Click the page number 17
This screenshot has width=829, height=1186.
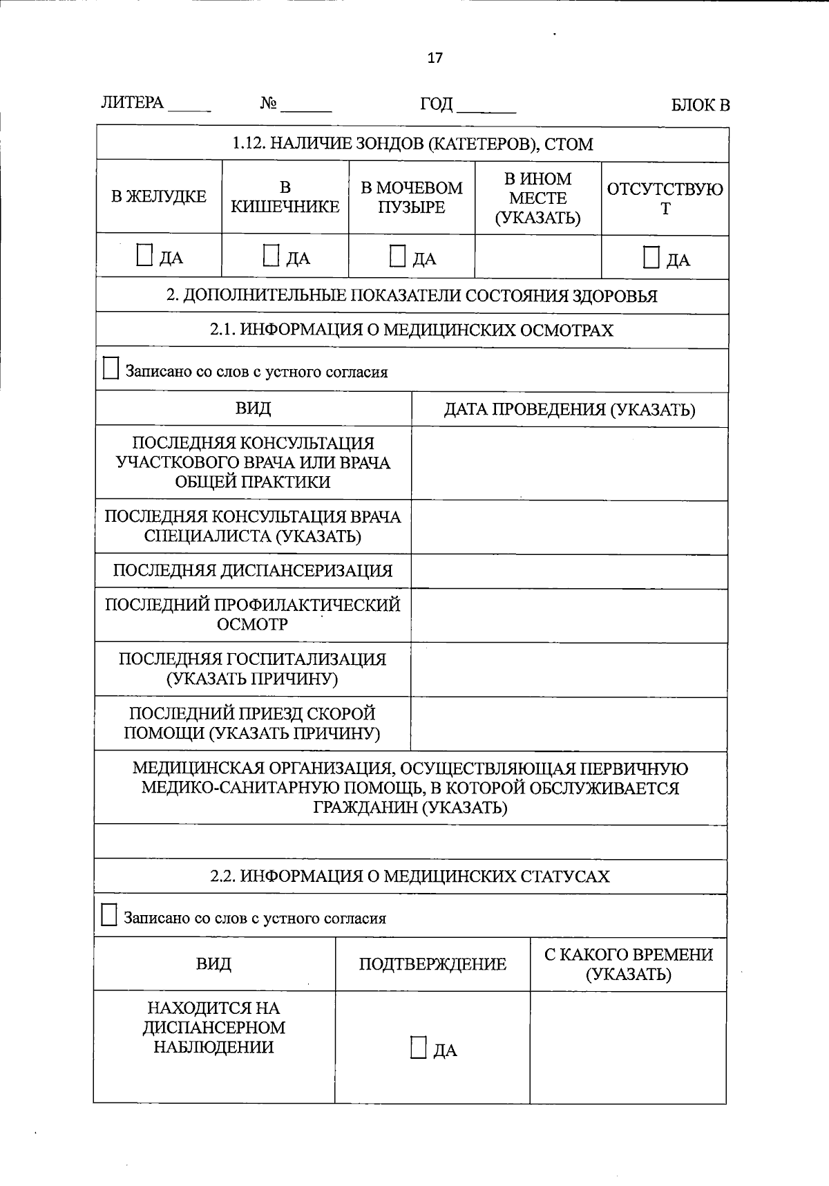tap(435, 58)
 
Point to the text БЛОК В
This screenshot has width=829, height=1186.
tap(700, 105)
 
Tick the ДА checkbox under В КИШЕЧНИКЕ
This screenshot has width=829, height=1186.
tap(271, 256)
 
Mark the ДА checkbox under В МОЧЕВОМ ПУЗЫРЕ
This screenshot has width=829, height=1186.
tap(397, 256)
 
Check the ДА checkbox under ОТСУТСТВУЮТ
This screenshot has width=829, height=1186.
tap(651, 257)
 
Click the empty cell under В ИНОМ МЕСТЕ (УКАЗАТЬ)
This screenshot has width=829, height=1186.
tap(537, 257)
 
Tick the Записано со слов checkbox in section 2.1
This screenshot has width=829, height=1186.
tap(111, 368)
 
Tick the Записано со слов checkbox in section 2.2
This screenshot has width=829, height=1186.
tap(109, 915)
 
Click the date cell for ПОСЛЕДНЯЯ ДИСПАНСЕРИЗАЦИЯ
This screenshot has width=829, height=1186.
tap(569, 572)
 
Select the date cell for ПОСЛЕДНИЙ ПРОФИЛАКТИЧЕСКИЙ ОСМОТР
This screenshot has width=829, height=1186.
tap(569, 616)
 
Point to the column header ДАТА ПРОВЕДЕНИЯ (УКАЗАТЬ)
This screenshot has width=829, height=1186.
tap(569, 410)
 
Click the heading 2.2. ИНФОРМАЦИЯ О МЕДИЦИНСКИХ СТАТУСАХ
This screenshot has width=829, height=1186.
tap(410, 876)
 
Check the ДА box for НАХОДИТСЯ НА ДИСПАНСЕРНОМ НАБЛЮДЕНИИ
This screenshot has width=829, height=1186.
tap(418, 1047)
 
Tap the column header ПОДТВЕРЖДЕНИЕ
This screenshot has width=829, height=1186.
tap(432, 964)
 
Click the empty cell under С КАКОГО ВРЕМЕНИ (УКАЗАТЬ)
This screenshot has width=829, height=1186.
tap(628, 1047)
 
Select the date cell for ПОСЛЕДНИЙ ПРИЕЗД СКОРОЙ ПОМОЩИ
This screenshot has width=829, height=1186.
tap(569, 724)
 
